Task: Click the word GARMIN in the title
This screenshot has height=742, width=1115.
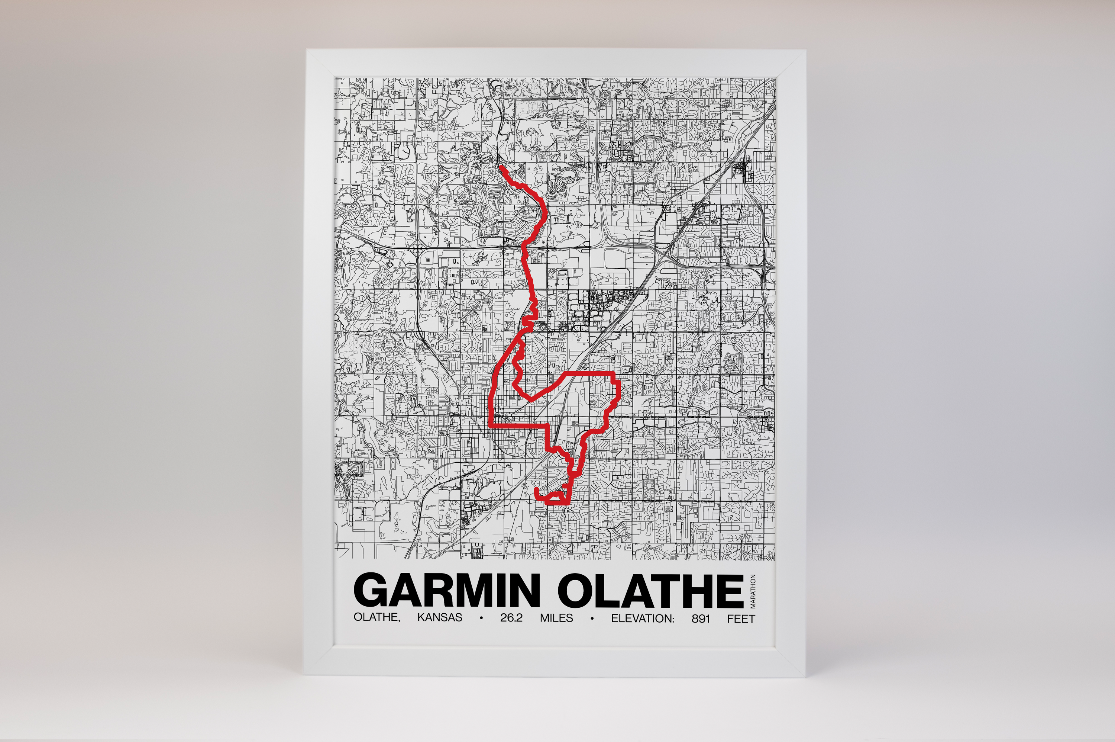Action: pos(446,590)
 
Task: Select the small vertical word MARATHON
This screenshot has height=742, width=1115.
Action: pos(753,591)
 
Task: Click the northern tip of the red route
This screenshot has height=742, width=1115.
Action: pos(501,167)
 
